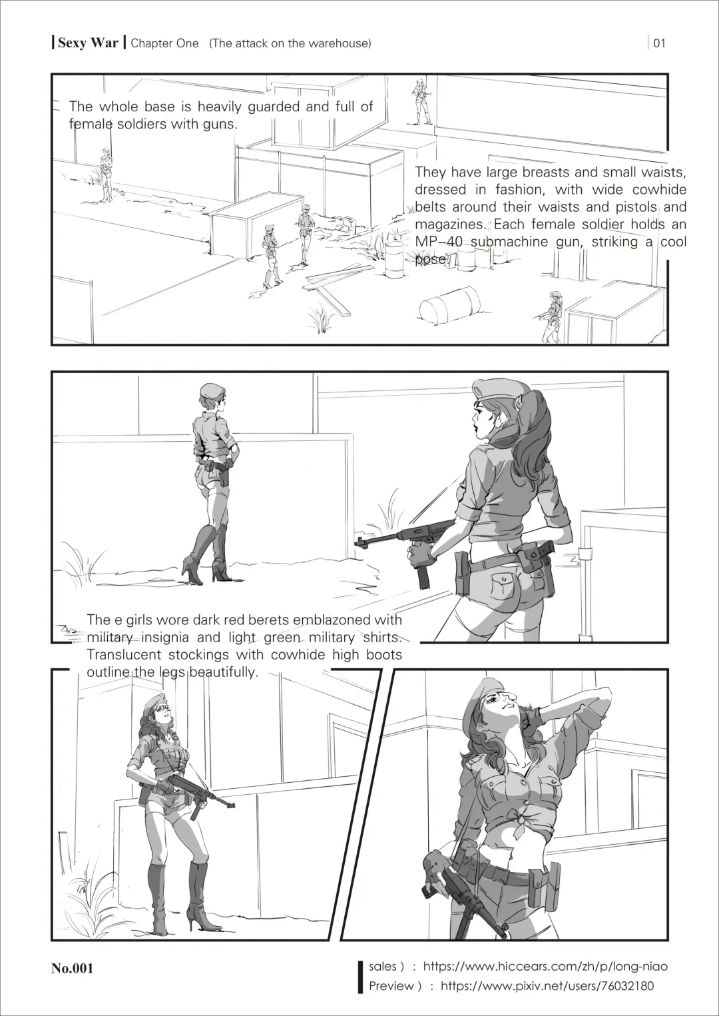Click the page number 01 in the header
tap(659, 43)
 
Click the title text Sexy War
tap(88, 43)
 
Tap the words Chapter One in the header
tap(164, 43)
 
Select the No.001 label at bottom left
tap(73, 968)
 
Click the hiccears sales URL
tap(545, 966)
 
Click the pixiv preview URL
tap(547, 986)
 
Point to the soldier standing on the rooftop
tap(421, 101)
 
